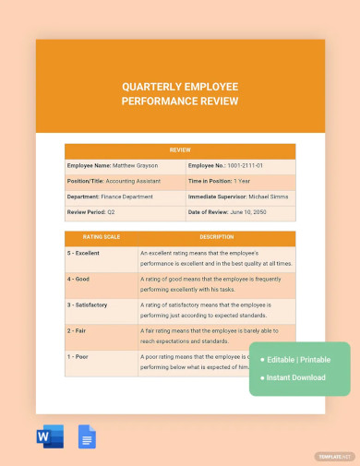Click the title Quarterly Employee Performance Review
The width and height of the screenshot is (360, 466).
coord(180,93)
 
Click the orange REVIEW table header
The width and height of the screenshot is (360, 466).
coord(180,149)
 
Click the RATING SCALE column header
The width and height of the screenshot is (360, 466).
coord(101,237)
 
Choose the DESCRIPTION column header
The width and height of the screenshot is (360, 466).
coord(216,237)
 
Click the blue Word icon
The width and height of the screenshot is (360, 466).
coord(50,436)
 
